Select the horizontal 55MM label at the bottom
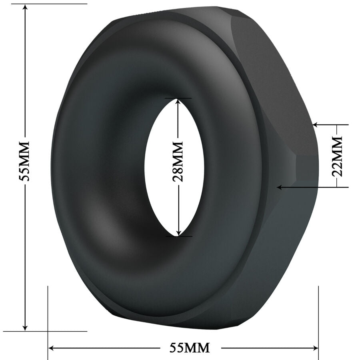(x=190, y=348)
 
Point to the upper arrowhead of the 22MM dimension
(x=316, y=125)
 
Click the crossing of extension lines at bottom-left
(x=48, y=331)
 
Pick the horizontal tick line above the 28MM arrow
(x=178, y=98)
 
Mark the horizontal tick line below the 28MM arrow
(x=178, y=236)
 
